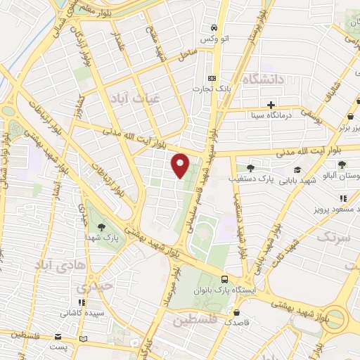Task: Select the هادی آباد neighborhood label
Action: (x=60, y=264)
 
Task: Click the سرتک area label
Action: (x=333, y=237)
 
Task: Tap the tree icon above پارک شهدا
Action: (x=102, y=226)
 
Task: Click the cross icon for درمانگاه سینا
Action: (x=271, y=105)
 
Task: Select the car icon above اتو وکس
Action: (x=212, y=27)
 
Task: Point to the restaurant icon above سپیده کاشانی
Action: (x=80, y=300)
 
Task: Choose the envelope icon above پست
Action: (x=84, y=339)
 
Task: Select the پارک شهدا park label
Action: (x=102, y=238)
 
